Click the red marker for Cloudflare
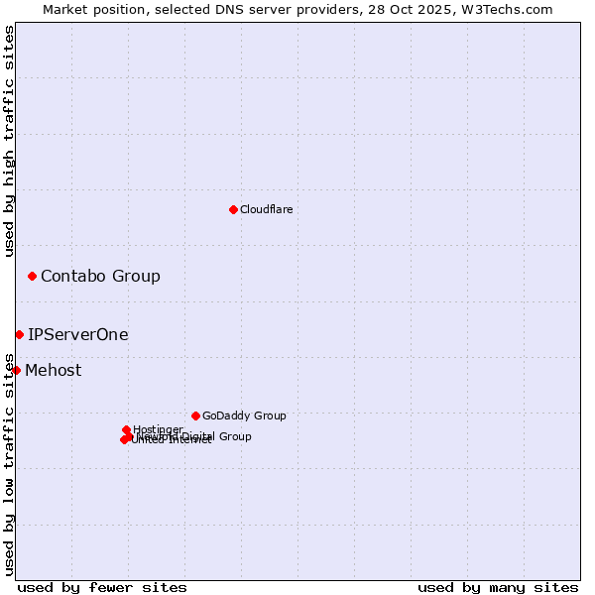coord(233,209)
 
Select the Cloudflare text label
coord(266,209)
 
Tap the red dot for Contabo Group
coord(32,276)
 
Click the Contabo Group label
coord(100,276)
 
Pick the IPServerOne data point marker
coord(19,334)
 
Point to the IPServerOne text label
coord(78,334)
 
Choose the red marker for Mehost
coord(16,370)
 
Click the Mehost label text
coord(54,371)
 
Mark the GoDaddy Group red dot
coord(195,416)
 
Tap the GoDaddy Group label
coord(244,416)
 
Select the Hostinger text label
coord(158,429)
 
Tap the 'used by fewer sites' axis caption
coord(102,587)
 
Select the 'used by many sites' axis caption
coord(498,587)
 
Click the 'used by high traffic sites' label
coord(9,141)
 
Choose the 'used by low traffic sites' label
coord(9,463)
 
